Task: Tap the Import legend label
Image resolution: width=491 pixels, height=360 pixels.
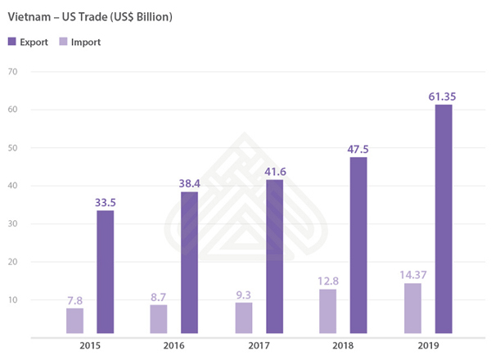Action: (84, 41)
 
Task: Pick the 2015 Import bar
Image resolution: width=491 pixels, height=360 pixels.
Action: (75, 321)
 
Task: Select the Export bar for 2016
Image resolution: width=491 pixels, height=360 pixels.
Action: (189, 263)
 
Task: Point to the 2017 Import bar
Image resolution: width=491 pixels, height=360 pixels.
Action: (244, 317)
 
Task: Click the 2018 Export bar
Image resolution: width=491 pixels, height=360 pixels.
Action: (358, 245)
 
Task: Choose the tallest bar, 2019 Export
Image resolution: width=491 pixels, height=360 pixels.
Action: (443, 218)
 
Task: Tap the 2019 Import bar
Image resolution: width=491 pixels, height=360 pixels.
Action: (412, 308)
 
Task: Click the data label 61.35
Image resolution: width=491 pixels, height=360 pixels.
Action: (442, 97)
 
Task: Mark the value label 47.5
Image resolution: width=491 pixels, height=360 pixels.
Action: (358, 149)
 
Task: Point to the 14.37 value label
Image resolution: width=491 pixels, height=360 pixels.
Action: (412, 276)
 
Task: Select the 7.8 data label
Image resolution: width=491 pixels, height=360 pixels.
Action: (75, 300)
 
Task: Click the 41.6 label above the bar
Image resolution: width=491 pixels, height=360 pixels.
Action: (273, 172)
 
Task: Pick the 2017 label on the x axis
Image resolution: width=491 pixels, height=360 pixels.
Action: (259, 346)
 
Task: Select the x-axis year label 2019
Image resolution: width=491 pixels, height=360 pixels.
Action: (426, 346)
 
